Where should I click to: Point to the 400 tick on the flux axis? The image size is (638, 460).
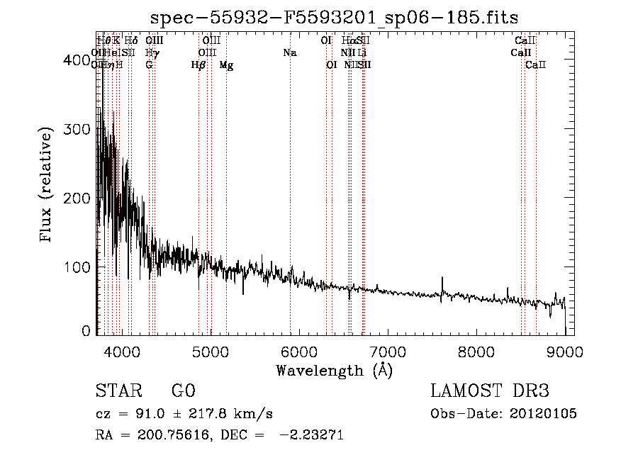(81, 62)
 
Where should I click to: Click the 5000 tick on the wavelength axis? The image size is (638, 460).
(210, 352)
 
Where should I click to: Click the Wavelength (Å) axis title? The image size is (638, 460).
(334, 370)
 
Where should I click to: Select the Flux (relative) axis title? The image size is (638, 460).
(47, 185)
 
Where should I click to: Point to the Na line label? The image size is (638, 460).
(289, 53)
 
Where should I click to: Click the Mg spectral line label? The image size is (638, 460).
(226, 65)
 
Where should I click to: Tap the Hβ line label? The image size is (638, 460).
(198, 65)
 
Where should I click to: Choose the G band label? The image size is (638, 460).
(149, 65)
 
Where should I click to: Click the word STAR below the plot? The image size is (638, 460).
(114, 392)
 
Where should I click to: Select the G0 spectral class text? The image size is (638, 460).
(184, 392)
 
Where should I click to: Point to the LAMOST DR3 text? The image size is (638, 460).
(490, 392)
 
